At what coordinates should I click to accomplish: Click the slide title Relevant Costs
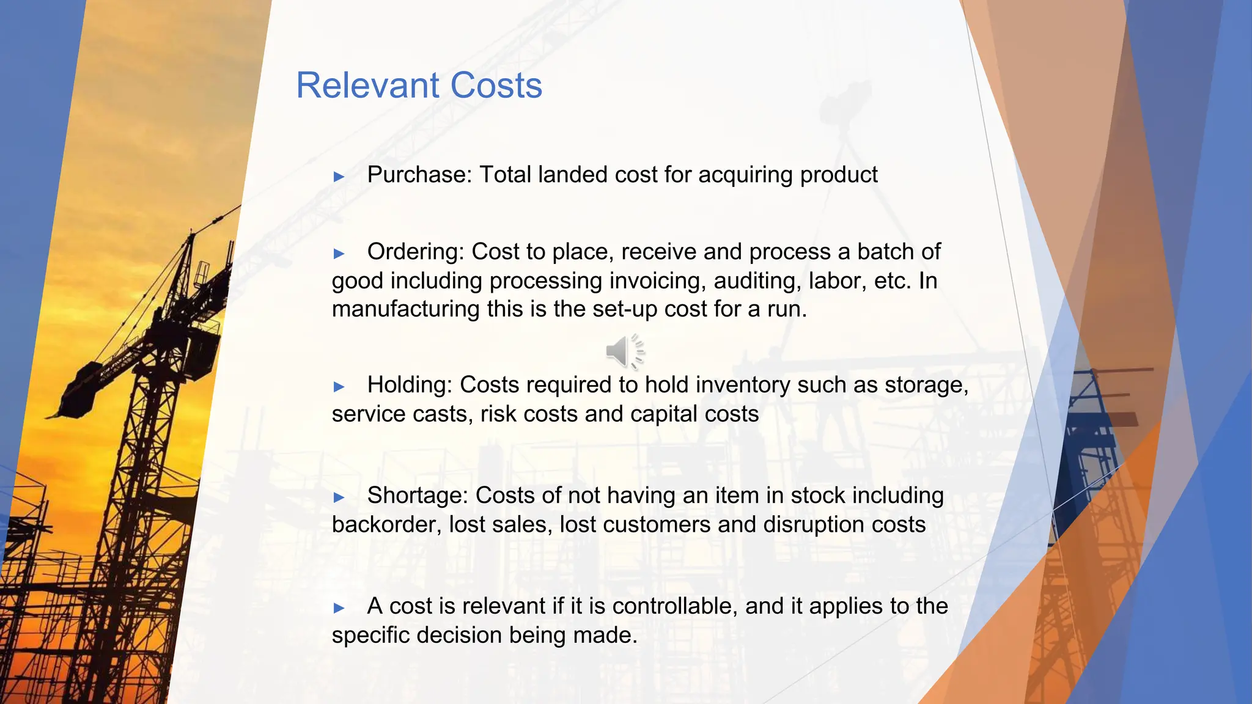pos(419,86)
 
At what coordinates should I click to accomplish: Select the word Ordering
pos(416,252)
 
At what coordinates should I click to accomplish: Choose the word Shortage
pos(418,496)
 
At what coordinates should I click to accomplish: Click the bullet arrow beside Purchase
pos(339,177)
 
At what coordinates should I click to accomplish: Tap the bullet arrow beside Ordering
pos(339,254)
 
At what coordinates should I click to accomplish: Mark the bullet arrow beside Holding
pos(339,387)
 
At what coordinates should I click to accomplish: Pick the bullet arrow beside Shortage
pos(339,497)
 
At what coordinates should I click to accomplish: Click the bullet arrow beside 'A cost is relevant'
pos(339,608)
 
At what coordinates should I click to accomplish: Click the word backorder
pos(386,525)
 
